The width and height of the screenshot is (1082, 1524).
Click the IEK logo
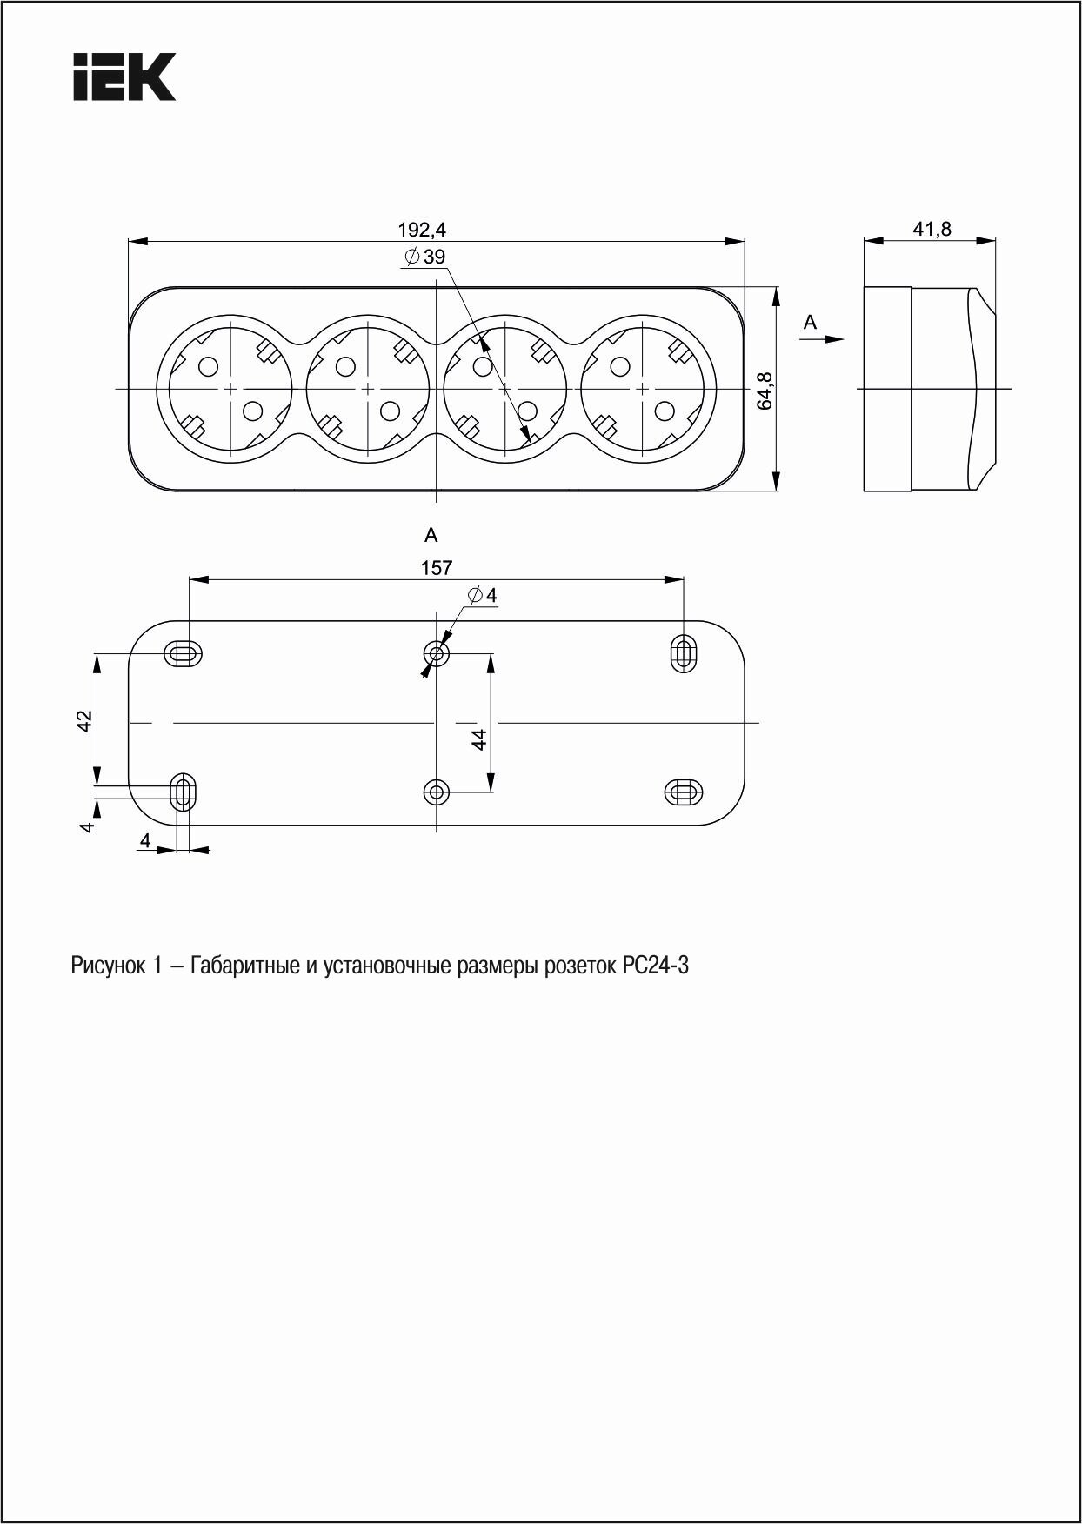[x=124, y=77]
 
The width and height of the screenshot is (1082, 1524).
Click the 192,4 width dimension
[x=422, y=230]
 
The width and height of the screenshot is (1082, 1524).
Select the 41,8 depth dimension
[x=932, y=230]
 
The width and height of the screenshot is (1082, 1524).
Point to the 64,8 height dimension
[x=765, y=391]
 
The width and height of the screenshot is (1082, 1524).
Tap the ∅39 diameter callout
[x=425, y=257]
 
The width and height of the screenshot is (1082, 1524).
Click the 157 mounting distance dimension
[x=437, y=568]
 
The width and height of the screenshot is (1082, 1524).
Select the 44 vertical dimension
[x=477, y=739]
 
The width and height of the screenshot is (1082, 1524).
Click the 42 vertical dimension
[x=84, y=720]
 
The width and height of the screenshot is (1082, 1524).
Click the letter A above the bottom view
[x=431, y=535]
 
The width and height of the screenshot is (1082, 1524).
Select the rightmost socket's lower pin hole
[x=665, y=409]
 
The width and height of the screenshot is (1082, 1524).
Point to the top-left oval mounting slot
[x=183, y=653]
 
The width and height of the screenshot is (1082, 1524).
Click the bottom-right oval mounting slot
[x=684, y=792]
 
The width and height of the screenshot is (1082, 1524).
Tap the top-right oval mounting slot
[x=684, y=653]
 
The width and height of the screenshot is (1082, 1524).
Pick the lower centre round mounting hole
[x=436, y=792]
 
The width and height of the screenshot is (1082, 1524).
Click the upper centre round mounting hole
[x=436, y=653]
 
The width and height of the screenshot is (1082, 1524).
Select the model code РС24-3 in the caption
[x=656, y=966]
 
